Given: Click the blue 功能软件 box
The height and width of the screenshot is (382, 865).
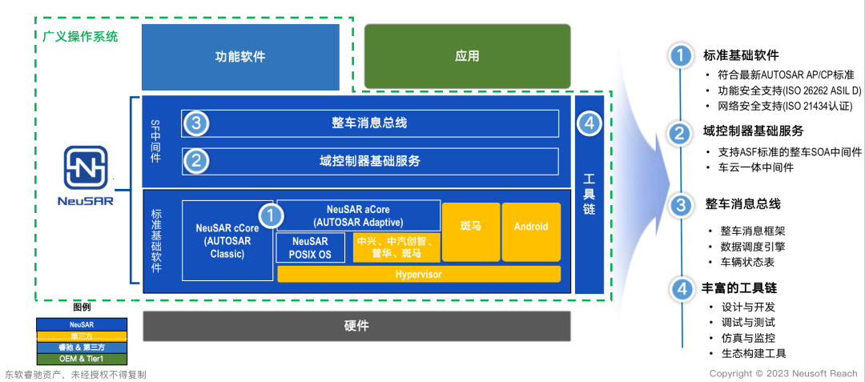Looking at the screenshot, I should pyautogui.click(x=240, y=57).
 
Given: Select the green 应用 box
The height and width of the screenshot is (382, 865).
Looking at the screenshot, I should pyautogui.click(x=467, y=56).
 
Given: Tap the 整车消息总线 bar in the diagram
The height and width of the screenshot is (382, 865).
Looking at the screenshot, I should pyautogui.click(x=369, y=123).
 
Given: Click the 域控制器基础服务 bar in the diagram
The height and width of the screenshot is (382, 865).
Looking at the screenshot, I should pyautogui.click(x=369, y=161).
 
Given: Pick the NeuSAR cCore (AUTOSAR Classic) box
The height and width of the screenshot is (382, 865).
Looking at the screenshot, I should pyautogui.click(x=227, y=240).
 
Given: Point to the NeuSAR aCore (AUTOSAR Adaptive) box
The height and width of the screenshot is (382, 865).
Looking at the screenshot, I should pyautogui.click(x=358, y=215).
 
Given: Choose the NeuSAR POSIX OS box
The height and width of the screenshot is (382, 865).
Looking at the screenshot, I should pyautogui.click(x=311, y=247).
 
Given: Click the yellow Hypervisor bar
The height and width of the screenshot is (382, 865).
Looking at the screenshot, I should pyautogui.click(x=418, y=275).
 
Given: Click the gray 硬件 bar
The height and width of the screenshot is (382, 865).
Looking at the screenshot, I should pyautogui.click(x=356, y=326).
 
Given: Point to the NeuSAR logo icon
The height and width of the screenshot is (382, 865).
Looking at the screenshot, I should pyautogui.click(x=86, y=167).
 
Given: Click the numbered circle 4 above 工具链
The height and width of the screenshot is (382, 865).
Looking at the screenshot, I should pyautogui.click(x=589, y=123).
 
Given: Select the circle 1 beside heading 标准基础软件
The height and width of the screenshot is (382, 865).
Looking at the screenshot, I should pyautogui.click(x=679, y=57).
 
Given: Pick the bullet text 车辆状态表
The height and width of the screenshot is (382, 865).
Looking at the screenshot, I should pyautogui.click(x=746, y=262).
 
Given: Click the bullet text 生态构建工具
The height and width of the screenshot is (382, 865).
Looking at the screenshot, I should pyautogui.click(x=752, y=353).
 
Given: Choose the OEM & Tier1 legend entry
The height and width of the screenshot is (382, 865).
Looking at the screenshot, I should pyautogui.click(x=82, y=359).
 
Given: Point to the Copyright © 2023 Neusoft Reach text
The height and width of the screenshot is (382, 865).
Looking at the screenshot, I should pyautogui.click(x=783, y=373).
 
